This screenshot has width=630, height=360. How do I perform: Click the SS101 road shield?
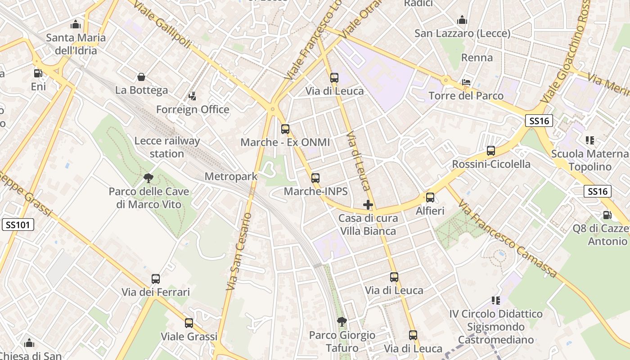point(18,225)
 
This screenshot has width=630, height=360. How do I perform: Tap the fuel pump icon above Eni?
point(38,73)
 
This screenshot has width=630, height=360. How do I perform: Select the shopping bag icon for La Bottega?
point(141,77)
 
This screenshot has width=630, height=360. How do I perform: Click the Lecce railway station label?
point(167,147)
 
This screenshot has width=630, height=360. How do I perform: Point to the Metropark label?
point(231,176)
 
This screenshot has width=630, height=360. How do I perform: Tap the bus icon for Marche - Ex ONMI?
point(285,129)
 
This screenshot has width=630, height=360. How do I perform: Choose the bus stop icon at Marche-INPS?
point(315,178)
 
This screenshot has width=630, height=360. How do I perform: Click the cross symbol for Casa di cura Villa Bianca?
point(368,205)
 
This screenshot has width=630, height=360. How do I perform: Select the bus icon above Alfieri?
point(430,198)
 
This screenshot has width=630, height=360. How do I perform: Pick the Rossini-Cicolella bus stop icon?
point(491,151)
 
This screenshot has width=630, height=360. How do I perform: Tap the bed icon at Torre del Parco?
point(466,82)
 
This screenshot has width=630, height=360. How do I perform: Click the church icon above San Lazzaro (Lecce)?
point(462,20)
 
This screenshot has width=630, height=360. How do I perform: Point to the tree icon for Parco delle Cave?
point(148,179)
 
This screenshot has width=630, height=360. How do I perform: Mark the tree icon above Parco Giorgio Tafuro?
point(342,322)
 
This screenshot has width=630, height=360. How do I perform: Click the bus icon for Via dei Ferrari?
point(156,279)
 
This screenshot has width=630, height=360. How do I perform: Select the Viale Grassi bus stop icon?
point(189,323)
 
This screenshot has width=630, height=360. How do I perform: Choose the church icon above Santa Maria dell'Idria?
point(76,24)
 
